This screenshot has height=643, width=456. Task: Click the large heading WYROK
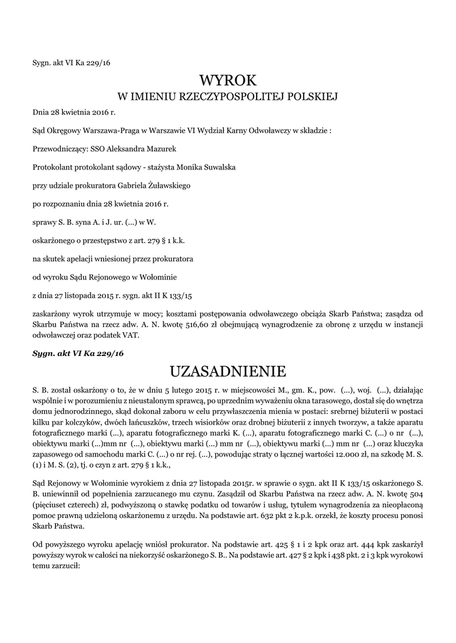click(228, 80)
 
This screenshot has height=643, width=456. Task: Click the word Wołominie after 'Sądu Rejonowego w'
click(157, 276)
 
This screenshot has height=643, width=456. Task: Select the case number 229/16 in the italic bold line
click(109, 354)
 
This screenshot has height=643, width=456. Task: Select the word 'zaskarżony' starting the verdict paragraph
click(53, 313)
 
